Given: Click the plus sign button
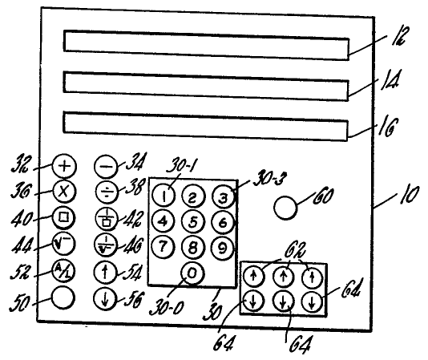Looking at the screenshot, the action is point(64,166).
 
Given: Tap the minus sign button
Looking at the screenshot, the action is point(106,166).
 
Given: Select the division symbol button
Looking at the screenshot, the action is point(107,191).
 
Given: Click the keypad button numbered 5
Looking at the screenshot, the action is point(193,222).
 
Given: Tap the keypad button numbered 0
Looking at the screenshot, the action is point(192,273).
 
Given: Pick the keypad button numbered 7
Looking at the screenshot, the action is point(163,247).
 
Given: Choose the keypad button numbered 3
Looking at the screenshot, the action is point(224,197).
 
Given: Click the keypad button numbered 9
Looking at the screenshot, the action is point(223,249).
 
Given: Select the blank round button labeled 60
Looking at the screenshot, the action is point(285,208).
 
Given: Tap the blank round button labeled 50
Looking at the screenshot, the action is point(63,297).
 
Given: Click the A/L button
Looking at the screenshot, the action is point(63,272).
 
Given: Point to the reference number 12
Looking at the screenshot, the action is point(400,36).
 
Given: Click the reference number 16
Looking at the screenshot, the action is point(388,127).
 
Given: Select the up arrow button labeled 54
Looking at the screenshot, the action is point(105,272).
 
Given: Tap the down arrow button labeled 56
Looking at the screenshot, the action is point(105,298).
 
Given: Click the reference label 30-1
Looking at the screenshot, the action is point(180,164).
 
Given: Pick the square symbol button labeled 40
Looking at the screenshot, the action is point(63,218).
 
